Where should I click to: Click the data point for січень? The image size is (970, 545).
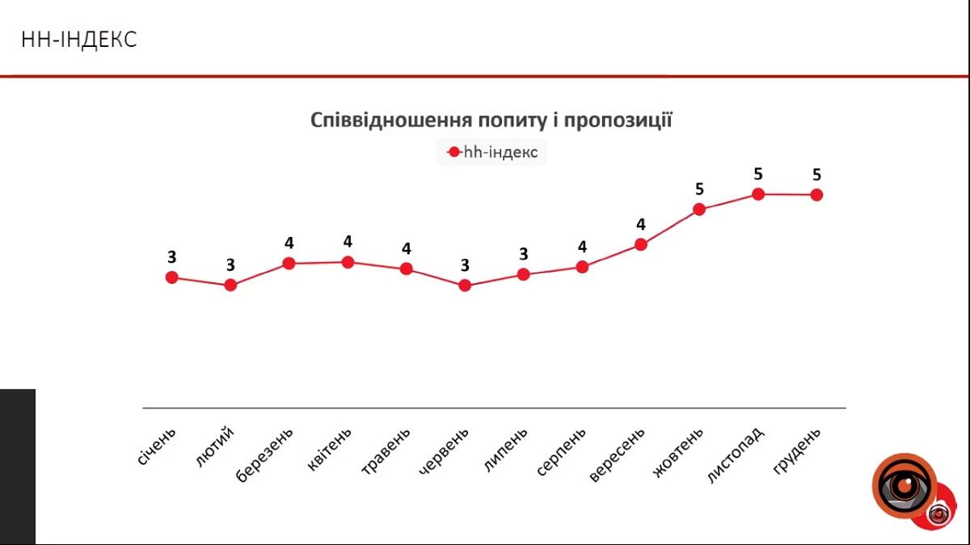click(x=171, y=277)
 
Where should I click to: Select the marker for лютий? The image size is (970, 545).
click(x=230, y=285)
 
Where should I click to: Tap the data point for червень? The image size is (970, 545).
click(x=465, y=285)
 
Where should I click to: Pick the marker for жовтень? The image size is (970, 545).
click(x=700, y=209)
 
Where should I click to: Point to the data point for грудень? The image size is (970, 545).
click(x=816, y=195)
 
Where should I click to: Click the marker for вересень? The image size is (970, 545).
click(x=641, y=244)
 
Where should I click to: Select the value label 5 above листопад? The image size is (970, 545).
click(x=758, y=173)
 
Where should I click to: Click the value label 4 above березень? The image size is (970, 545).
click(x=289, y=243)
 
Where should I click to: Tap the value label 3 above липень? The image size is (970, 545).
click(x=524, y=254)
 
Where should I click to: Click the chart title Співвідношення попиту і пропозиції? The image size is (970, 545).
click(x=491, y=120)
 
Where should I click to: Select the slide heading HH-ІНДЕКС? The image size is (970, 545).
click(x=79, y=39)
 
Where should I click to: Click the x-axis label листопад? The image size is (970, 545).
click(x=735, y=455)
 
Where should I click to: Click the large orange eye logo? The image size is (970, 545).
click(x=904, y=485)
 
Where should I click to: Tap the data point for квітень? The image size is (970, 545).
click(x=348, y=262)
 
